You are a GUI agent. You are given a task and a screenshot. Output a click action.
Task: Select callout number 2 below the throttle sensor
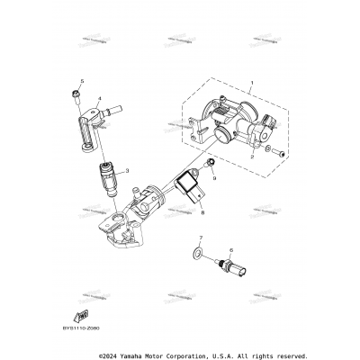click(254, 156)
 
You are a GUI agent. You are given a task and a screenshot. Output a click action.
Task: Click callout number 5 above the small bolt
click(80, 81)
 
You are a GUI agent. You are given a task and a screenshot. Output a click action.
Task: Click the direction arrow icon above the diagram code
click(84, 311)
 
